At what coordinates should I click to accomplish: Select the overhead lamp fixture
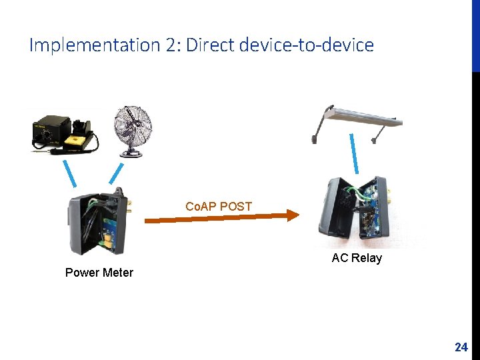pos(356,120)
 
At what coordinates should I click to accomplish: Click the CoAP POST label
pos(219,206)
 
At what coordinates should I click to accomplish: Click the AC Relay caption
pos(357,258)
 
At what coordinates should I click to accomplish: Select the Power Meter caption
pos(99,272)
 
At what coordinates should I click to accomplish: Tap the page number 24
pos(461,347)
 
